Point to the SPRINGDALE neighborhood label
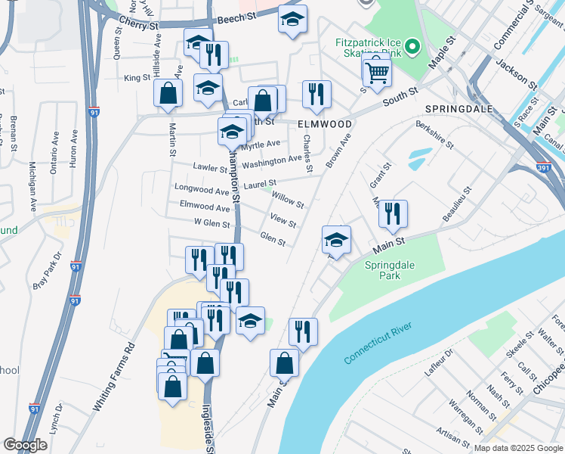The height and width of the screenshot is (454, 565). click(458, 109)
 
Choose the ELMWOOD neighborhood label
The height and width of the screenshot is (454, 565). click(325, 123)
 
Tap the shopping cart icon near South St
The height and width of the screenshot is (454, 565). click(377, 73)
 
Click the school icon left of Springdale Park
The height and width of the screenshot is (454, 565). click(336, 241)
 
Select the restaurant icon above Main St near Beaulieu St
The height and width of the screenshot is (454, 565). click(392, 215)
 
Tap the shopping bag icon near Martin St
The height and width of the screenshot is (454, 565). click(168, 94)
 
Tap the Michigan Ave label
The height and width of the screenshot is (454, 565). click(32, 186)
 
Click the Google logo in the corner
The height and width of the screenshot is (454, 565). click(26, 445)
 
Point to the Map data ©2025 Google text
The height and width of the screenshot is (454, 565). click(517, 448)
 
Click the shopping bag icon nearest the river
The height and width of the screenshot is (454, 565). click(284, 362)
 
